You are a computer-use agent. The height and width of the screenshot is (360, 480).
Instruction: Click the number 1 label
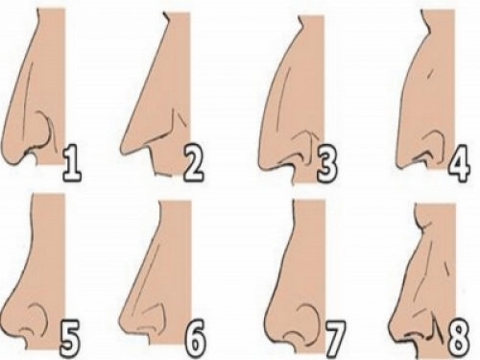tap(72, 163)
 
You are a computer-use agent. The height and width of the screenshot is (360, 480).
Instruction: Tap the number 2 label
tap(194, 163)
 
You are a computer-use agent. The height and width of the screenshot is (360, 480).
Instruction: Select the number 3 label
tap(327, 163)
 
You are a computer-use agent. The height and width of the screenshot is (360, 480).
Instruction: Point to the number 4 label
tap(460, 163)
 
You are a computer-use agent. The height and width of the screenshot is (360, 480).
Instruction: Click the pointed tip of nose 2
tap(122, 151)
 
